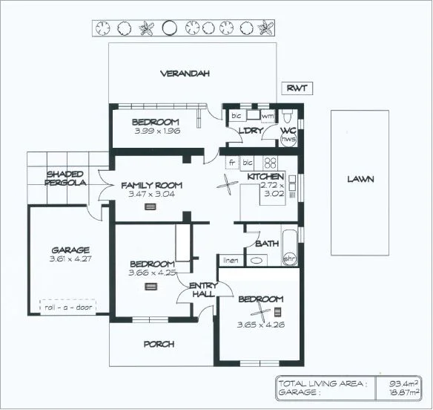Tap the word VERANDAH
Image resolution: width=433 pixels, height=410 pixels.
pos(185,74)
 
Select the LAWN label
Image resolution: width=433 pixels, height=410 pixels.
pos(360,179)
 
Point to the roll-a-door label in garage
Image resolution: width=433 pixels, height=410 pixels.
pos(69,306)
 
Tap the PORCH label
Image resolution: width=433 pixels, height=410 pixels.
pos(159,344)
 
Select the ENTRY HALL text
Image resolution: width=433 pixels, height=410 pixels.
pos(202,290)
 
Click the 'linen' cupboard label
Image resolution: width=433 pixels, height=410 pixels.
pos(231,260)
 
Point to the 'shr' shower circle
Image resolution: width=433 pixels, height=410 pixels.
pos(290,259)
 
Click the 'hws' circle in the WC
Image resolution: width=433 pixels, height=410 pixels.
pos(289,139)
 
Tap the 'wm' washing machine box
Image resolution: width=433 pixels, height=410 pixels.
pos(267,117)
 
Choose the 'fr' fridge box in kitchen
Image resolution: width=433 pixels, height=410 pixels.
pos(232,162)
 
